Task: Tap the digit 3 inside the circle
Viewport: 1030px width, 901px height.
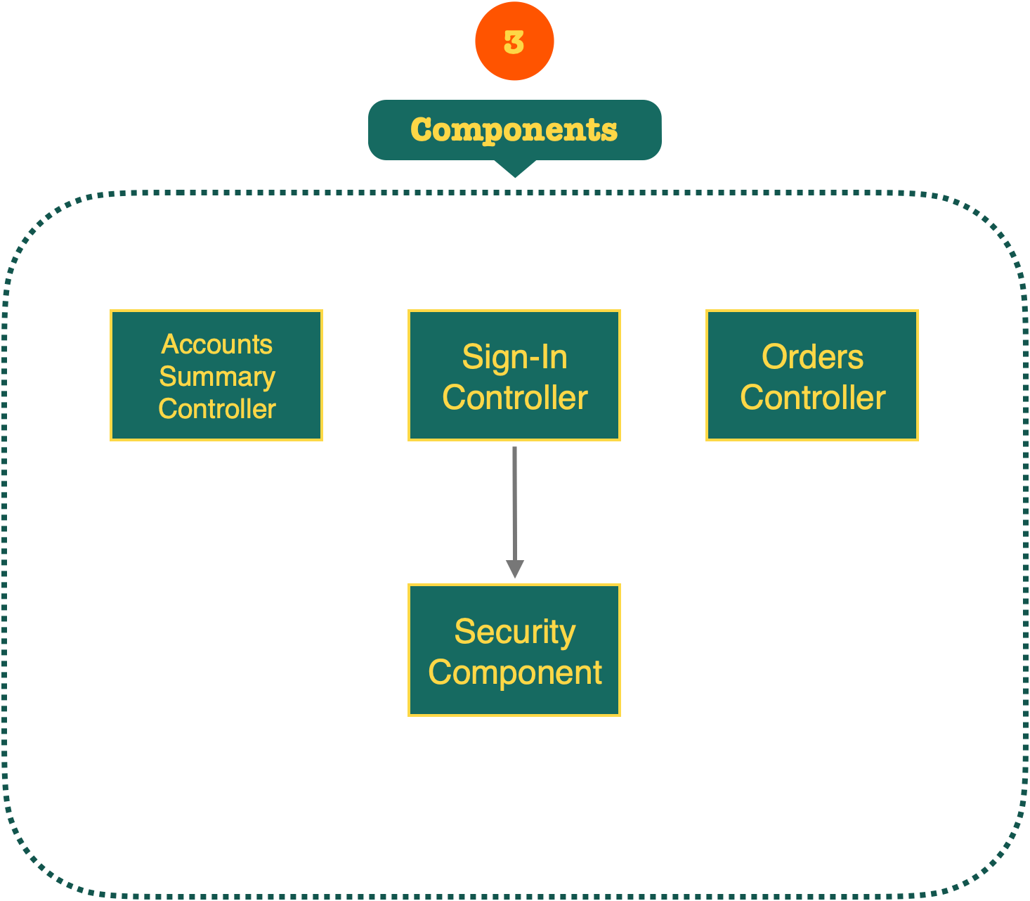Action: [x=514, y=42]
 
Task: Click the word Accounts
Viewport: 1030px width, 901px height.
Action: [x=216, y=344]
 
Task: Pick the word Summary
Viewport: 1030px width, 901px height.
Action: [x=216, y=377]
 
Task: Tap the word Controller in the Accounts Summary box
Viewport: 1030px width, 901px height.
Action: [x=216, y=409]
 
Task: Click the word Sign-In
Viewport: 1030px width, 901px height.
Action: [x=514, y=357]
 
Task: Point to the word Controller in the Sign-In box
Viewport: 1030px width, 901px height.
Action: [x=514, y=398]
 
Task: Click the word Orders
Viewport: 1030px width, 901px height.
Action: [x=812, y=357]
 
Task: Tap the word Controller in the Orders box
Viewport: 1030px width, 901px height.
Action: [x=812, y=398]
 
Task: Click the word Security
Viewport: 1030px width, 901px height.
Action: [x=514, y=631]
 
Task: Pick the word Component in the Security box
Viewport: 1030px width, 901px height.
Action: [x=514, y=673]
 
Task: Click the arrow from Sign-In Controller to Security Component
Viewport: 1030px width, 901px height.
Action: [x=514, y=499]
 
